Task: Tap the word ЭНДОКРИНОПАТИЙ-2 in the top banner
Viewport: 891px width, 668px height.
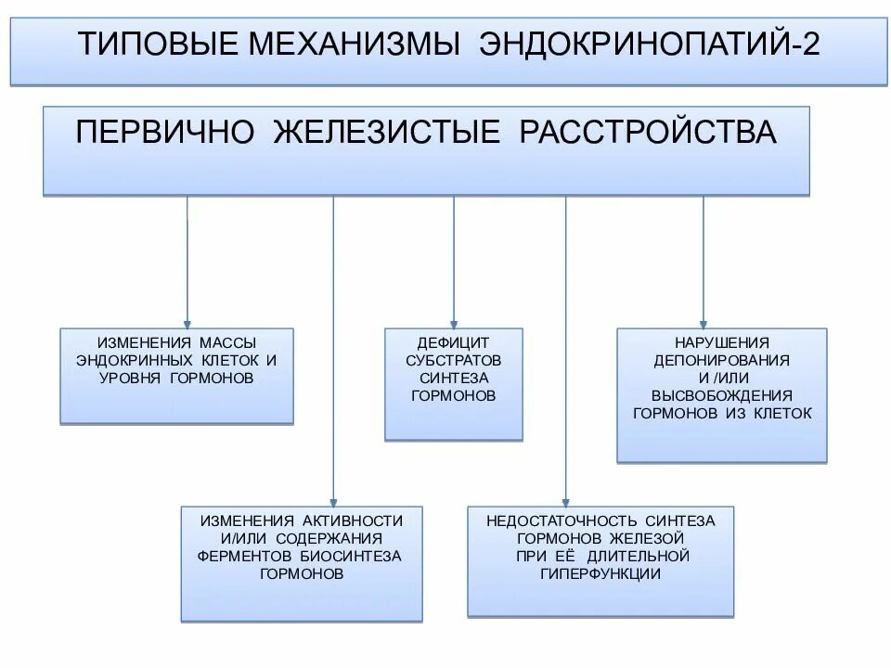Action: click(x=649, y=45)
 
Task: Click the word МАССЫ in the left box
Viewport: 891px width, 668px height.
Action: click(x=226, y=343)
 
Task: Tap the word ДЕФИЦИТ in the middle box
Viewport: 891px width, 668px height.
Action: click(x=454, y=342)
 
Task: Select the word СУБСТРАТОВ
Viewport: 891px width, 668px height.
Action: click(x=454, y=360)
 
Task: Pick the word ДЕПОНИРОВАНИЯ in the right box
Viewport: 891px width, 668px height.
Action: click(x=721, y=360)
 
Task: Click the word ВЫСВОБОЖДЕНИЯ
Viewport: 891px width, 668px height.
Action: click(x=721, y=395)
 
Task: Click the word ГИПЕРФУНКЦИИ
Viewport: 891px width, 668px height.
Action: click(x=600, y=573)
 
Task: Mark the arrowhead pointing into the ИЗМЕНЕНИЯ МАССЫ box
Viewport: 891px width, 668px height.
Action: click(x=187, y=321)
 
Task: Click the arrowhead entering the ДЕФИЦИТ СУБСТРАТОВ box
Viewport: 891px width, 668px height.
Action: click(x=454, y=321)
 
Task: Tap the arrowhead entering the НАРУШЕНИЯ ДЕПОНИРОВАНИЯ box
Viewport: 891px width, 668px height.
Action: click(x=703, y=321)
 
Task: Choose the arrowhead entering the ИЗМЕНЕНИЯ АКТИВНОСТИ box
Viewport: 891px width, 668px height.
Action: click(x=333, y=499)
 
